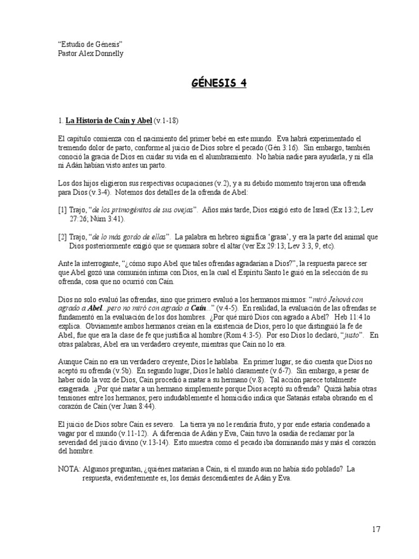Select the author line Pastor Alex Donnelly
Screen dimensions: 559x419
tap(91, 53)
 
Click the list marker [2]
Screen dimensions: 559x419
tap(62, 237)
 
